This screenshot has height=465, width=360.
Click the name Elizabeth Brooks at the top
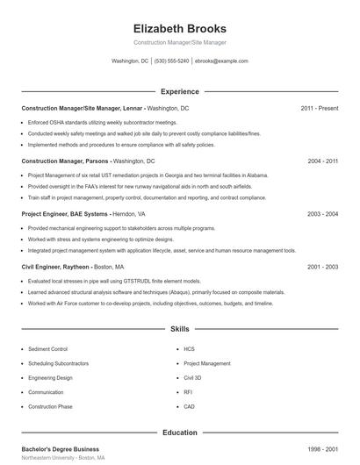click(179, 28)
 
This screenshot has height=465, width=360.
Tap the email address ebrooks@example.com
click(221, 61)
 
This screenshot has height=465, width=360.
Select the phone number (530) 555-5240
click(171, 61)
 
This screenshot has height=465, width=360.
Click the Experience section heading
click(179, 91)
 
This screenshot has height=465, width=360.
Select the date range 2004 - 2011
click(323, 161)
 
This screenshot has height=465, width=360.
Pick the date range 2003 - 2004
click(323, 213)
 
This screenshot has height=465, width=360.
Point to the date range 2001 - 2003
click(323, 266)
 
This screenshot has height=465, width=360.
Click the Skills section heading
click(179, 330)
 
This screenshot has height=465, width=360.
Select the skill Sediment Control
click(47, 348)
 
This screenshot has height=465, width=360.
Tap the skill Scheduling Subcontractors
click(57, 363)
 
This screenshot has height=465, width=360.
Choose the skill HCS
click(189, 348)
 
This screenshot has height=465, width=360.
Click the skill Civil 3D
click(192, 377)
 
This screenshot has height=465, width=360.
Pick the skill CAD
click(189, 406)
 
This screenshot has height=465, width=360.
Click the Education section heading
click(179, 433)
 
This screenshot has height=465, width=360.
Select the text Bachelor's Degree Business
click(61, 448)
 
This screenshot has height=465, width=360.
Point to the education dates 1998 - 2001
click(323, 448)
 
